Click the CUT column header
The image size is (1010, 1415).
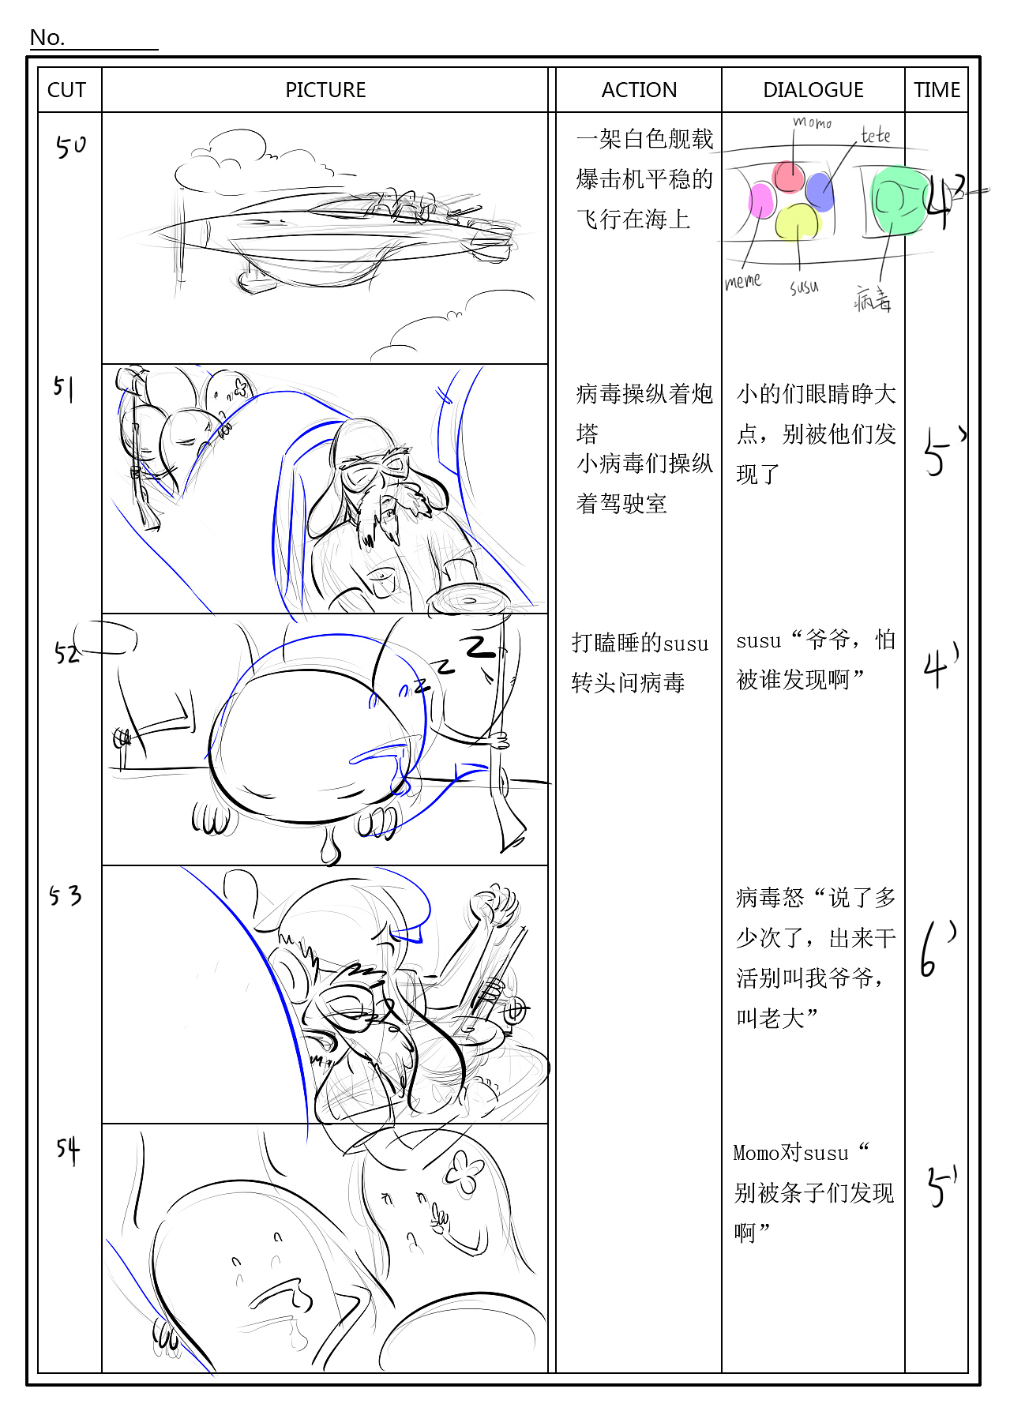pyautogui.click(x=66, y=90)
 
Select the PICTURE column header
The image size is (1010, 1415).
pyautogui.click(x=325, y=90)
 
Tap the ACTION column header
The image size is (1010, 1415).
pyautogui.click(x=639, y=90)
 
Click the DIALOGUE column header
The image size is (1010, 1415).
pyautogui.click(x=813, y=90)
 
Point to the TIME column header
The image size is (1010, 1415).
pyautogui.click(x=937, y=90)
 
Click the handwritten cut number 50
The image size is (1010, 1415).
pyautogui.click(x=70, y=146)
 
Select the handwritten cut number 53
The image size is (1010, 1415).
pyautogui.click(x=66, y=896)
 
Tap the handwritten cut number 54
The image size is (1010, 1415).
pyautogui.click(x=68, y=1150)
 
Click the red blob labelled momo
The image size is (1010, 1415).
pyautogui.click(x=788, y=177)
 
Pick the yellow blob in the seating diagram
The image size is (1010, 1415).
pyautogui.click(x=797, y=221)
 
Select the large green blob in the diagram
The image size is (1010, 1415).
pyautogui.click(x=898, y=201)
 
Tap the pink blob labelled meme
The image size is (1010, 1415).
pyautogui.click(x=761, y=200)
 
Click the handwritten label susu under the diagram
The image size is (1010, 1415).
pyautogui.click(x=804, y=287)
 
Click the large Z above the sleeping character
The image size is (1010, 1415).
pyautogui.click(x=479, y=647)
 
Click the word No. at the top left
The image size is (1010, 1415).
pyautogui.click(x=47, y=38)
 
